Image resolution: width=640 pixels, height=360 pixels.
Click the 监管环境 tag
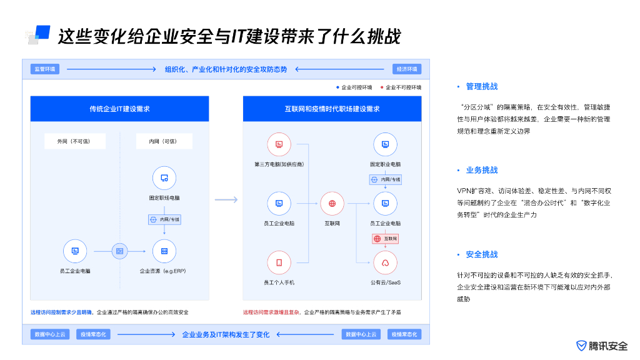coord(45,69)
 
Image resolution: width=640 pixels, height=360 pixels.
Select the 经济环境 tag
coord(407,69)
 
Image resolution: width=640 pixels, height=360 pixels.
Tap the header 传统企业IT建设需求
coord(119,109)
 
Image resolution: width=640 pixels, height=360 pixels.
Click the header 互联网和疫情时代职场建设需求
coord(332,109)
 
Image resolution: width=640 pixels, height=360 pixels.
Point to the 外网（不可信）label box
coord(75,141)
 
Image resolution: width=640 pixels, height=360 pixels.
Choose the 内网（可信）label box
coord(164,141)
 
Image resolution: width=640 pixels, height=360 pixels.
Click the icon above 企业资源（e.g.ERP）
coord(164,251)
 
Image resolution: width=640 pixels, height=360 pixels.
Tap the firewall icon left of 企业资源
coord(119,251)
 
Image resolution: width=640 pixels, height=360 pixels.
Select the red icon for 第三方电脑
coord(279,145)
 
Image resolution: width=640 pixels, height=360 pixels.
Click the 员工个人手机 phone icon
coord(279,262)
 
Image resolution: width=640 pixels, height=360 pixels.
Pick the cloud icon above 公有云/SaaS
coord(385,262)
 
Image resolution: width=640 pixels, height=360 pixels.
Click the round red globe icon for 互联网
coord(332,203)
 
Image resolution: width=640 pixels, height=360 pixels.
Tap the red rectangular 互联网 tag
coord(385,239)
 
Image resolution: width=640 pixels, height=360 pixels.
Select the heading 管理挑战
coord(481,86)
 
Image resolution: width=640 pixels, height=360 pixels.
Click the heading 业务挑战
coord(481,170)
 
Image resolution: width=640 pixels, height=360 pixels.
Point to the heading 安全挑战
coord(481,254)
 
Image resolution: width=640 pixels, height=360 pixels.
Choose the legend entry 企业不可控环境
coord(401,87)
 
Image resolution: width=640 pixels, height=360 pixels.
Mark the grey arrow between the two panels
coord(226,200)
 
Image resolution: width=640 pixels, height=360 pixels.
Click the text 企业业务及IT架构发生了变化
coord(226,334)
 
